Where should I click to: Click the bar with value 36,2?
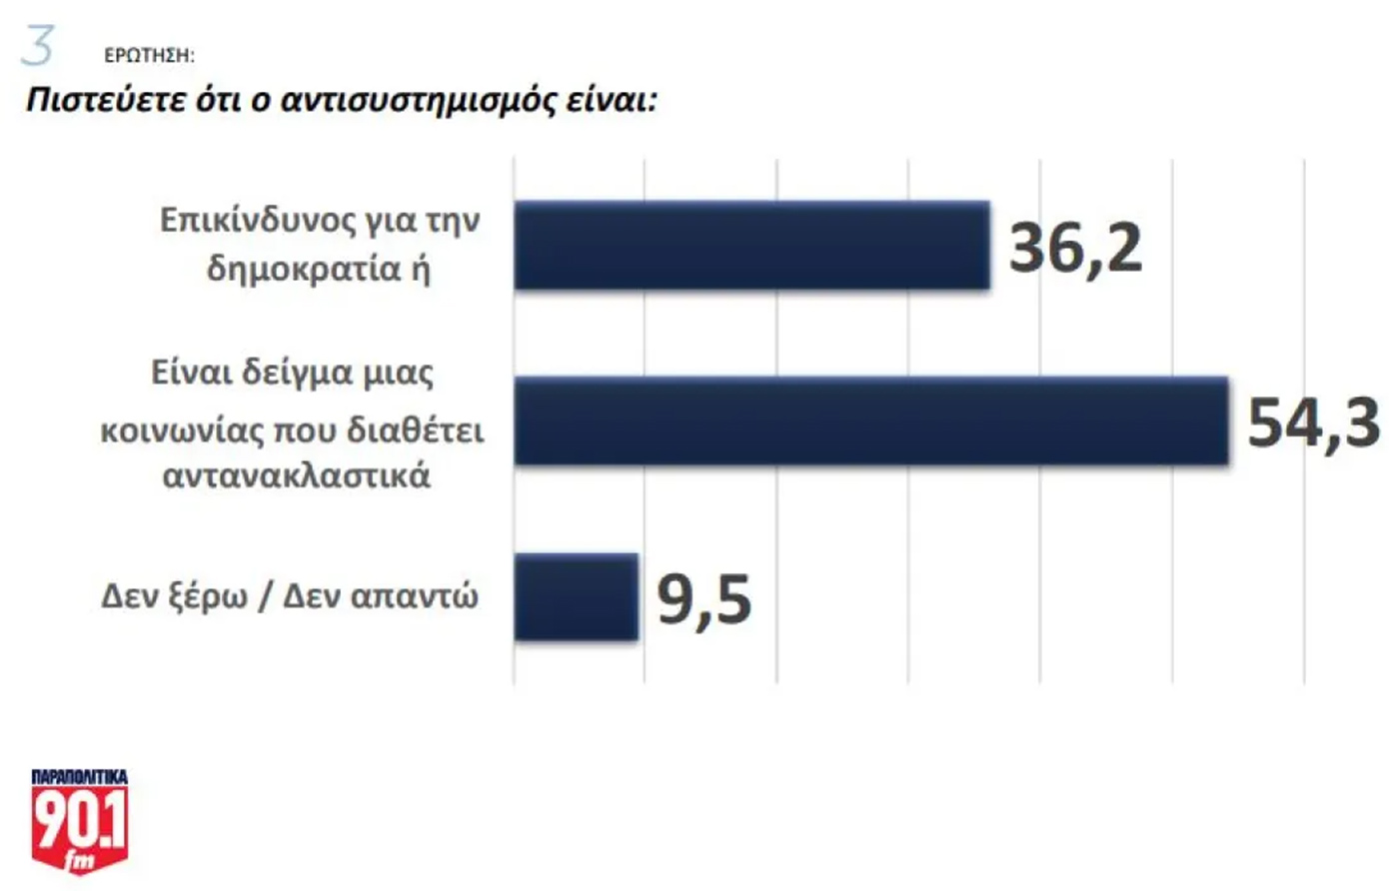tap(751, 246)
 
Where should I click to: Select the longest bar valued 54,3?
tap(870, 421)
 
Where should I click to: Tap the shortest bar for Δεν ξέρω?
tap(576, 596)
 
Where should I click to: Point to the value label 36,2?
tap(1075, 248)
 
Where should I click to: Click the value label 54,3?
tap(1313, 423)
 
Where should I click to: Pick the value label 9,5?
tap(703, 599)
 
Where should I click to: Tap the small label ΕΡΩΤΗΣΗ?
tap(149, 56)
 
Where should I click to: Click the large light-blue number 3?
tap(39, 47)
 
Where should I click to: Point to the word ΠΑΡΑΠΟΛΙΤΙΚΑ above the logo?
tap(80, 776)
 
